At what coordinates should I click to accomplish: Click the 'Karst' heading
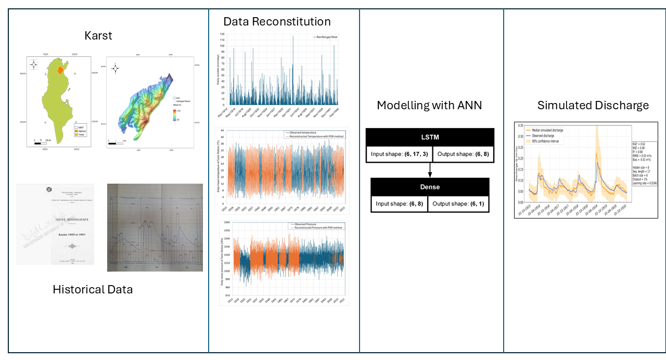[x=98, y=36]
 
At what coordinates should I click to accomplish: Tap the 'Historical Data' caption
[x=93, y=289]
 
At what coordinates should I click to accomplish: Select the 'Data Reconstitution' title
[x=277, y=21]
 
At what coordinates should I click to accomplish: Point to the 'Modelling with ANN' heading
[x=429, y=105]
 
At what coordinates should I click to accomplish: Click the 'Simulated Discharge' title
[x=593, y=106]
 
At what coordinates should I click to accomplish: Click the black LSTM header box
[x=430, y=137]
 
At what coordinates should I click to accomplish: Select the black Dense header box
[x=430, y=186]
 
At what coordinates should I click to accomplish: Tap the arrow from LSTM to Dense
[x=430, y=170]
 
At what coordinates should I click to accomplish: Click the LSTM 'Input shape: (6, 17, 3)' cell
[x=399, y=155]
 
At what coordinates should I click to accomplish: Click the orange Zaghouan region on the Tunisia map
[x=60, y=69]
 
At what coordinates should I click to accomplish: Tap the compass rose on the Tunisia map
[x=34, y=65]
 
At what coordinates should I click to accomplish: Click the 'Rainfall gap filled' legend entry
[x=325, y=37]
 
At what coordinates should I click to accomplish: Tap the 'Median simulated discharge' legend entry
[x=547, y=130]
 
